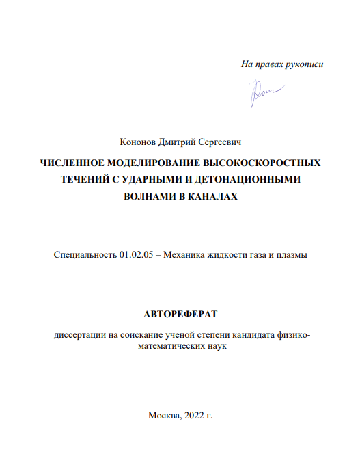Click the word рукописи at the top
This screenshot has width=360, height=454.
[x=303, y=64]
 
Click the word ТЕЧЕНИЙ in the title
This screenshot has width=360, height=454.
[x=88, y=180]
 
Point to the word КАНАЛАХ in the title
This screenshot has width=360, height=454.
[x=208, y=196]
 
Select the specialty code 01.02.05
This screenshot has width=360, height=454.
[x=135, y=255]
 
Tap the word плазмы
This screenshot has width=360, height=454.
[x=292, y=255]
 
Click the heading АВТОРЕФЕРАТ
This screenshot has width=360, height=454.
[x=180, y=315]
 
